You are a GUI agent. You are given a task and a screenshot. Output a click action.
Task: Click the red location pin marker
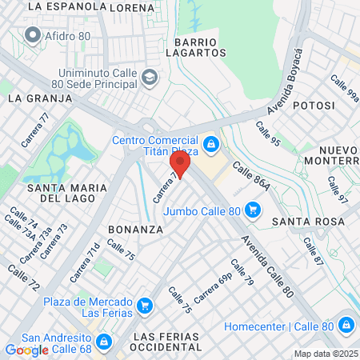180,166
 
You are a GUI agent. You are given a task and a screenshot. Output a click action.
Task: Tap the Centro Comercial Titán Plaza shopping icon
211,144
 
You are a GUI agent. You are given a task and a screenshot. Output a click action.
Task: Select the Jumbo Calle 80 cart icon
253,210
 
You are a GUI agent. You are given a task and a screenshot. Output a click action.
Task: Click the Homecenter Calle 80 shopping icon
346,325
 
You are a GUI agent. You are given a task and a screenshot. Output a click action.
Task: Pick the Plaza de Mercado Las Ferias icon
145,305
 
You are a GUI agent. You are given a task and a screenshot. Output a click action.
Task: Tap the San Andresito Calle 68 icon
103,342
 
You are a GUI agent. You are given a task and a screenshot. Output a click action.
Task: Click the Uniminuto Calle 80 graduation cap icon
150,78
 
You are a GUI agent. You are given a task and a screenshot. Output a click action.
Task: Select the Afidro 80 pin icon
33,34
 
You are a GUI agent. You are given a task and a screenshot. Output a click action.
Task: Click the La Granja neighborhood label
40,98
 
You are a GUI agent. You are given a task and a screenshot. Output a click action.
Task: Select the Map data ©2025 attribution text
324,354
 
